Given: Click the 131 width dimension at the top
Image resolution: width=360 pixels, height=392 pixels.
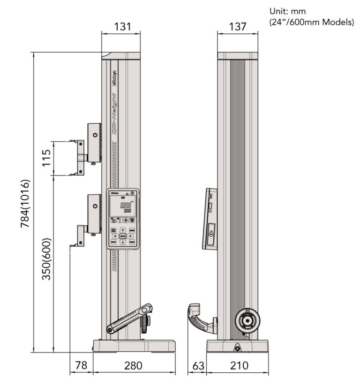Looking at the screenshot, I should point(120,27).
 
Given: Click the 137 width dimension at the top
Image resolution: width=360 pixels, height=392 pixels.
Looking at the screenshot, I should point(238,27).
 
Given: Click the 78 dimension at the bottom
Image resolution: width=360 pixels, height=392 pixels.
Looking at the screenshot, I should point(81,365).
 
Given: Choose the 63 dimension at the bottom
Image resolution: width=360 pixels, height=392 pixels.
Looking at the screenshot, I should point(197,365).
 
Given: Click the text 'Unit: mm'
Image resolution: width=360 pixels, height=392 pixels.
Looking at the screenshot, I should point(287,11).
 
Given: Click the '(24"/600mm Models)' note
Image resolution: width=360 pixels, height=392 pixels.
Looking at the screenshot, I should point(312,22).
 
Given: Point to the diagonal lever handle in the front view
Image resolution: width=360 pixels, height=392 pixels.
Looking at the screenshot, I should point(130,319).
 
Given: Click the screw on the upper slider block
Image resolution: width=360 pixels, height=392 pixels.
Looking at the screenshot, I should point(95,135).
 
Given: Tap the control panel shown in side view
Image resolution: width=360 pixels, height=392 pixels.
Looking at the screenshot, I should point(209,219).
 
